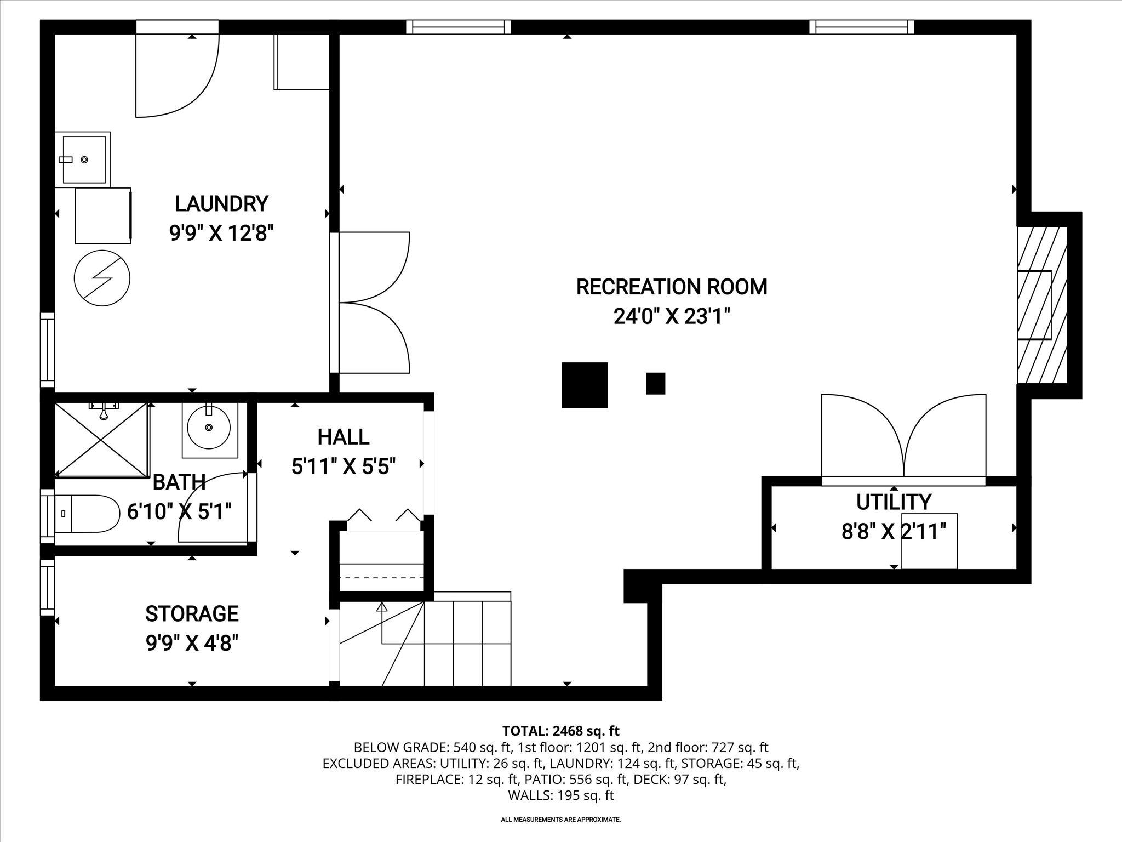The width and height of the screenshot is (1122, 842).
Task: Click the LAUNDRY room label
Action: click(x=221, y=203)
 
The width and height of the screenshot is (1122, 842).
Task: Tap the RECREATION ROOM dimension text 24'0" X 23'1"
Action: click(x=672, y=316)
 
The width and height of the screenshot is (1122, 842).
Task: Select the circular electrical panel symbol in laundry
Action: click(x=102, y=278)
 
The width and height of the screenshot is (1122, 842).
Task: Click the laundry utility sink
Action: click(x=83, y=160)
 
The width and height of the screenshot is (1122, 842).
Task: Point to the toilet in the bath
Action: click(x=88, y=514)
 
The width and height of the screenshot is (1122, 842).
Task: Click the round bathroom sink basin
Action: click(x=209, y=427)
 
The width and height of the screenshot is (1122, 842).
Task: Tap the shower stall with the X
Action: click(x=102, y=439)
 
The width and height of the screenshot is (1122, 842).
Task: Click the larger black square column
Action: click(x=585, y=385)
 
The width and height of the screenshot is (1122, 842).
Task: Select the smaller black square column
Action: click(x=655, y=384)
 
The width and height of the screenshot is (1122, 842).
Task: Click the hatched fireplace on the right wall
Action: click(x=1042, y=305)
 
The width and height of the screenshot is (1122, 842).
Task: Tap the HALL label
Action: click(x=344, y=437)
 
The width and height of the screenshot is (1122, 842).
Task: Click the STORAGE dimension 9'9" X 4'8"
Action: click(x=192, y=643)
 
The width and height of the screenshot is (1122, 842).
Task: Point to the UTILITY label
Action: click(x=894, y=502)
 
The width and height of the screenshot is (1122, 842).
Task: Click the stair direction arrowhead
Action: click(x=382, y=607)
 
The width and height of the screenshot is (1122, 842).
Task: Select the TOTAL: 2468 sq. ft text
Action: click(x=560, y=731)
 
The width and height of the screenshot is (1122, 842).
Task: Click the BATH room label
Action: click(x=179, y=482)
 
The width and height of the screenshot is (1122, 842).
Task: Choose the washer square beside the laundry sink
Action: click(x=102, y=216)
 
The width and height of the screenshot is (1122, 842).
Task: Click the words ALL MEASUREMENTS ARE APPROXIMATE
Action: click(x=560, y=820)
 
